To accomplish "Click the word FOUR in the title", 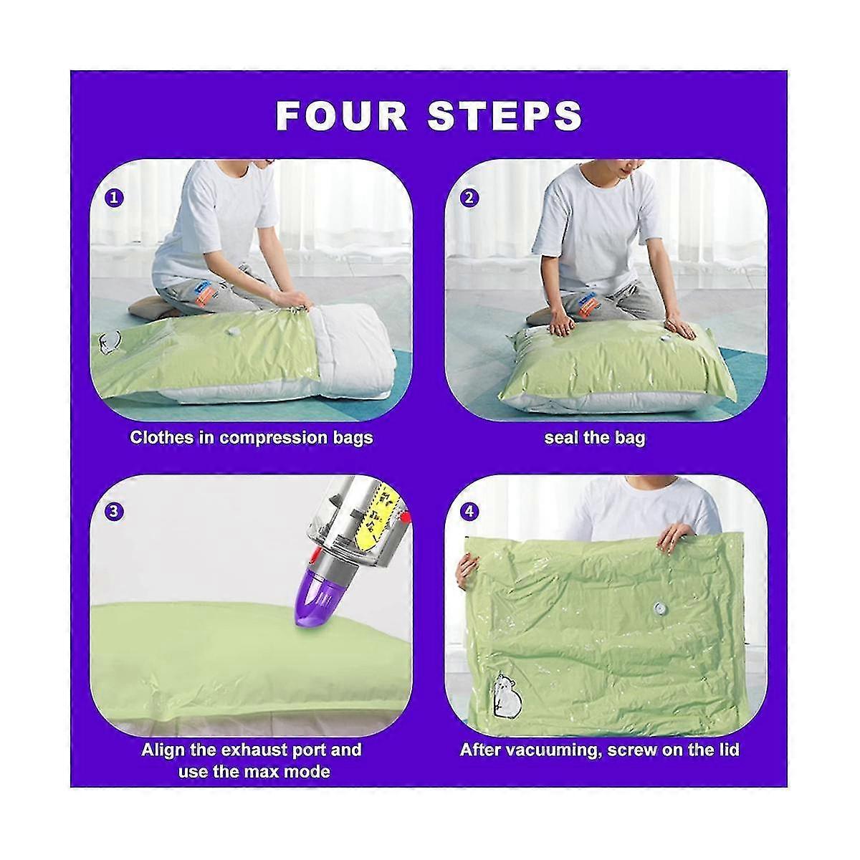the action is pyautogui.click(x=341, y=116).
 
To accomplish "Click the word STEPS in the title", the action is pyautogui.click(x=505, y=116).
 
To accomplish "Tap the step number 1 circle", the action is pyautogui.click(x=114, y=197).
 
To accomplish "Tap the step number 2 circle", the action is pyautogui.click(x=469, y=197).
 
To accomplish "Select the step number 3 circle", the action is pyautogui.click(x=114, y=510).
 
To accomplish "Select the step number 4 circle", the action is pyautogui.click(x=469, y=510).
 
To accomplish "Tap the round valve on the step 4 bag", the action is pyautogui.click(x=660, y=608).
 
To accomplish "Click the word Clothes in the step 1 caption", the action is pyautogui.click(x=161, y=438).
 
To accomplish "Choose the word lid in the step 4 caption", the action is pyautogui.click(x=728, y=750).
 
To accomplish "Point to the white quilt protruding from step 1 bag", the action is pyautogui.click(x=344, y=353).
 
